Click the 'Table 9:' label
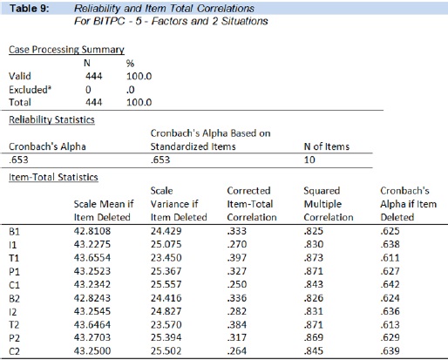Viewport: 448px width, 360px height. [30, 9]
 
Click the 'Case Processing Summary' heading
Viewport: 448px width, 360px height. [66, 50]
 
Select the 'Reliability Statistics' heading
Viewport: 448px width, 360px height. [51, 119]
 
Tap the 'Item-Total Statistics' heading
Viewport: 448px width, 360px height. [53, 177]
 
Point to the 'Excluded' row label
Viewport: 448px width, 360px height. [30, 90]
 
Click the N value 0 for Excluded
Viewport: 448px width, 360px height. [88, 90]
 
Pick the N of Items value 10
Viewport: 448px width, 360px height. [309, 160]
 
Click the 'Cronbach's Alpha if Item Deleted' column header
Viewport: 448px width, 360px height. [408, 204]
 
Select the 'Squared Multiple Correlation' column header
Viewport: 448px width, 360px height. [329, 204]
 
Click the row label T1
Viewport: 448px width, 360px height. [14, 258]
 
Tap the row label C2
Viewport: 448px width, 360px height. [14, 351]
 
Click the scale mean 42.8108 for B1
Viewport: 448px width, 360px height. [92, 231]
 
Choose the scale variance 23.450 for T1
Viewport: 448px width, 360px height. [166, 258]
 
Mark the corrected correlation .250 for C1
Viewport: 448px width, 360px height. [237, 284]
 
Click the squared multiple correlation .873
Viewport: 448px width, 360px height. [314, 258]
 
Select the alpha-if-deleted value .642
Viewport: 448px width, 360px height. [390, 284]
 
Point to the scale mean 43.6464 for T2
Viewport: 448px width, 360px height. [92, 324]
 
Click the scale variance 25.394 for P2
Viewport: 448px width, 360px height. [166, 337]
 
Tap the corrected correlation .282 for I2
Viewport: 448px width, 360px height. [237, 311]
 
